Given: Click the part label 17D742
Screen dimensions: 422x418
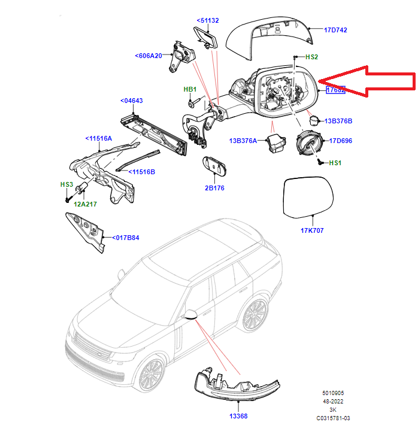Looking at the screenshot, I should tap(335, 29).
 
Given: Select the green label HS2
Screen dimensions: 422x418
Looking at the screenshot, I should tap(311, 57).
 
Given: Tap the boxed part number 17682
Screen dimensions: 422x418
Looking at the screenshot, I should tap(335, 90).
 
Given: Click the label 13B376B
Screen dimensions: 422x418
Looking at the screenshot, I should tap(338, 121).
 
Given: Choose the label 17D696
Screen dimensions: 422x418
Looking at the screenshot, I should tap(340, 141).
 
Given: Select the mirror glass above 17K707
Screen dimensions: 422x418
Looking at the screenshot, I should tap(307, 196).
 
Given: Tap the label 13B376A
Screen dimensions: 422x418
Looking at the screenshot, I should tap(243, 141).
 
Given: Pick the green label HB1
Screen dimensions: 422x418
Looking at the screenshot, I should tap(190, 89).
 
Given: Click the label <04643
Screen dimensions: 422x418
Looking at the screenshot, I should tap(131, 101).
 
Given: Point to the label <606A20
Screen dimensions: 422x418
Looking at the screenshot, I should tap(149, 56).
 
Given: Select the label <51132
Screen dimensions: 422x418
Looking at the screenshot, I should tap(207, 20).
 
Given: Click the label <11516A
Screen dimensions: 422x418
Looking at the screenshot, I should tap(98, 138).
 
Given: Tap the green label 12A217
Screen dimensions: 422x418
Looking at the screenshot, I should tap(85, 204).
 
